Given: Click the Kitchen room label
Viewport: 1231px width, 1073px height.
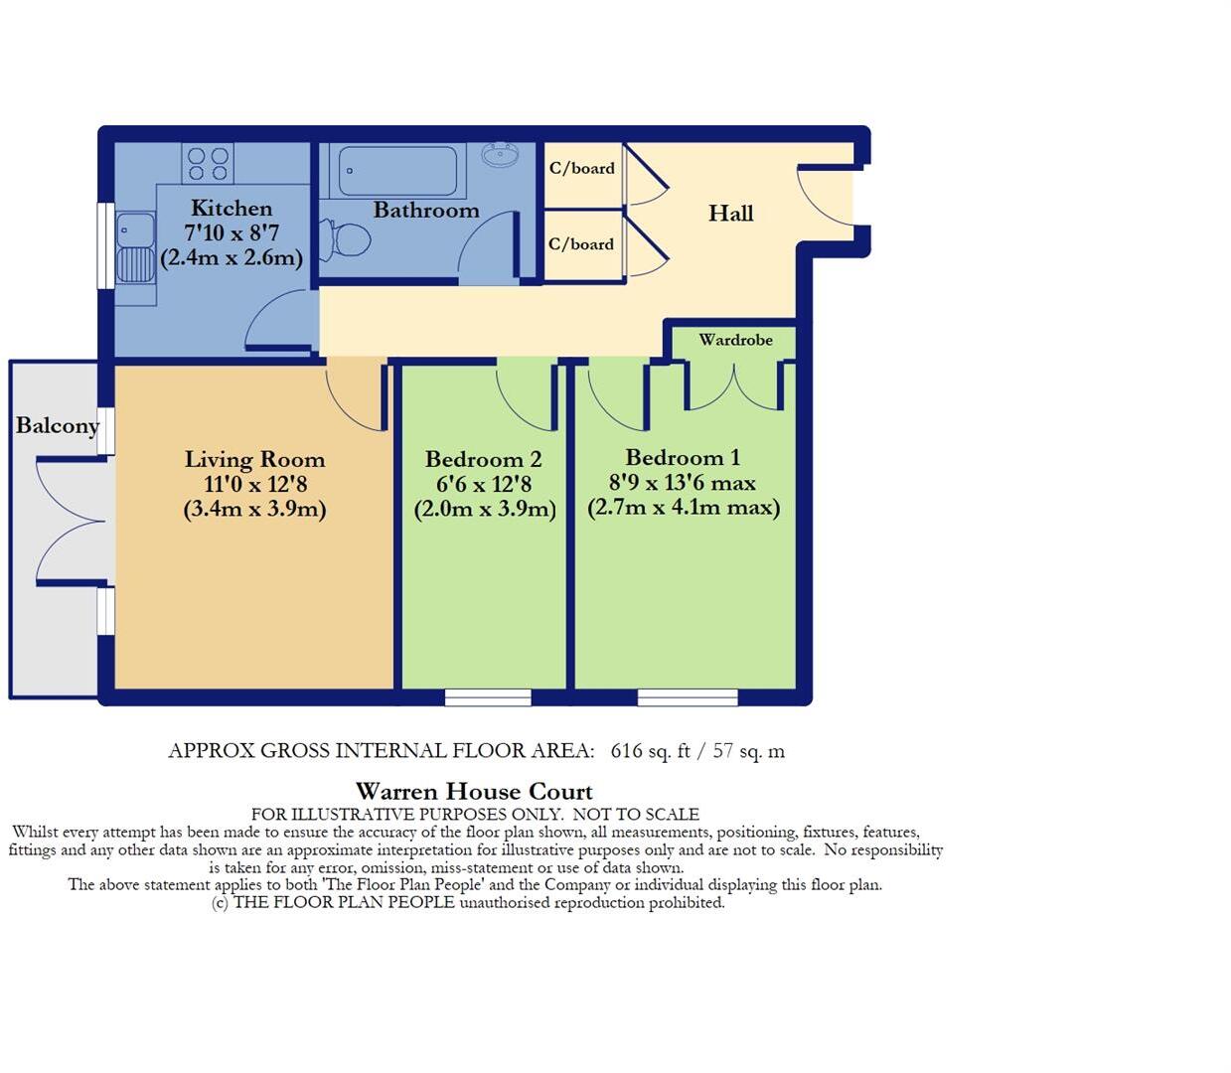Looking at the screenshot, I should point(231,209).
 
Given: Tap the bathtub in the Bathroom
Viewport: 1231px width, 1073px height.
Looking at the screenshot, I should point(397,171).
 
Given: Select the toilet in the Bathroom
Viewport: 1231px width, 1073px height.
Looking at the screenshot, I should point(347,239).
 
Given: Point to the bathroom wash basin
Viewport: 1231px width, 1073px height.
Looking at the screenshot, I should point(499,155).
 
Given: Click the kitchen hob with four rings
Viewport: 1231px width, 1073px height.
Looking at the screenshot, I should point(208,164).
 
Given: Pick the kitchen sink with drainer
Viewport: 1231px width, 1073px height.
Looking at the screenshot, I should point(135,247).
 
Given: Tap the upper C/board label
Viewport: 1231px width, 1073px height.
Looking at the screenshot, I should point(582,169).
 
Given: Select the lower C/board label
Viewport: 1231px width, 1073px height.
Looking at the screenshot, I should point(581,244).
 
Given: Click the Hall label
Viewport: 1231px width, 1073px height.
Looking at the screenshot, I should point(730,214).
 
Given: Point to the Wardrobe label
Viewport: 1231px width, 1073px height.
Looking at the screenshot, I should point(735,340).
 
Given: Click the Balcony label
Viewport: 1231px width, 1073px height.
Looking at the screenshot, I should point(58,426).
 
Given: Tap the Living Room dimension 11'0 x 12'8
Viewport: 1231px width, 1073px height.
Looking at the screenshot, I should point(255,485).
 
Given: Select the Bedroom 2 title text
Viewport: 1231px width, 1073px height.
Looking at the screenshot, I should point(483,460).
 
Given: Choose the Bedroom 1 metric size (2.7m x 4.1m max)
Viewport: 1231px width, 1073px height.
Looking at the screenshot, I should point(684,508).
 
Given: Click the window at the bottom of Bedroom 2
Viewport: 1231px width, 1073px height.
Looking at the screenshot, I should point(488,698).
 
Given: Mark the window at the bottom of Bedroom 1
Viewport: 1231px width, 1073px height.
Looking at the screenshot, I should point(688,698).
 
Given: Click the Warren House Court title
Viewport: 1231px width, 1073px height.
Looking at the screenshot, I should point(474,792).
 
